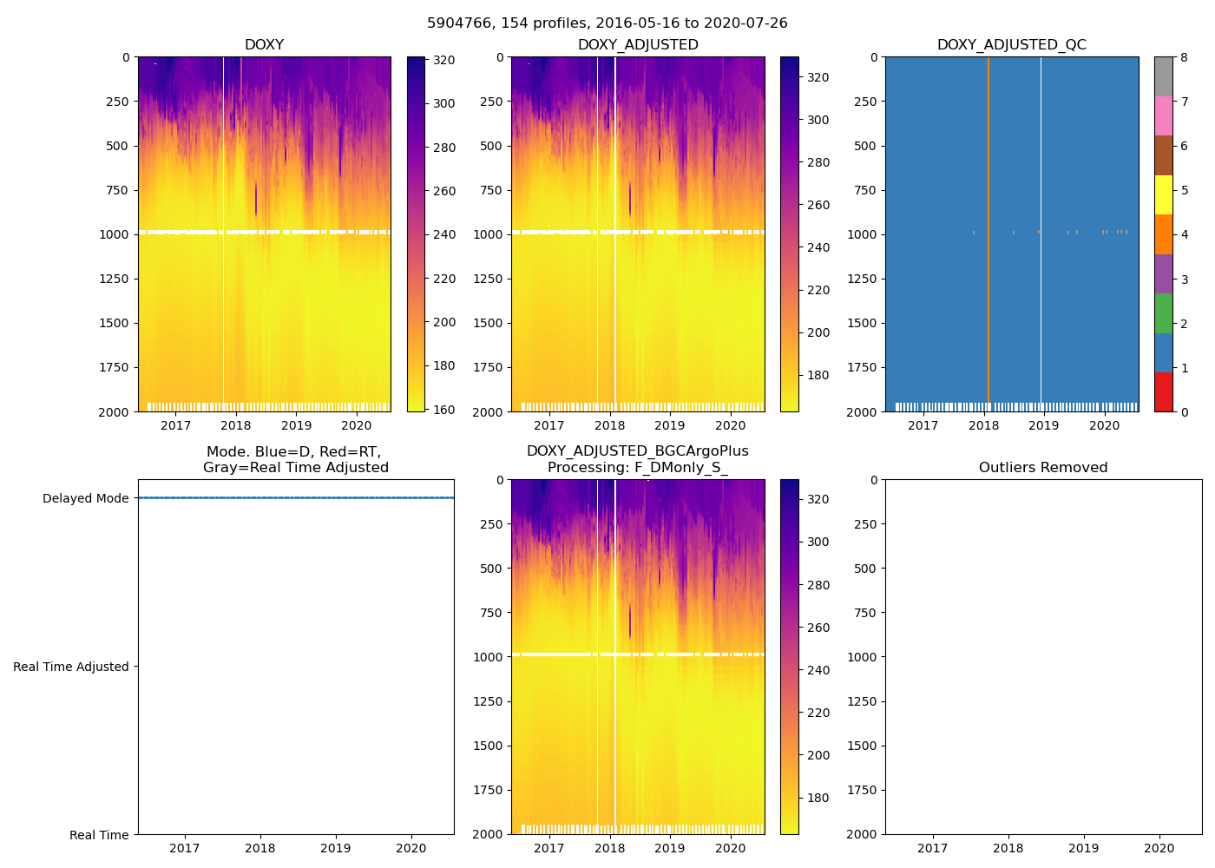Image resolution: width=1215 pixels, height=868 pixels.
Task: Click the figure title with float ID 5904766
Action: [x=607, y=23]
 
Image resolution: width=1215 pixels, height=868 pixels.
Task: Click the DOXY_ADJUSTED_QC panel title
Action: [x=1011, y=45]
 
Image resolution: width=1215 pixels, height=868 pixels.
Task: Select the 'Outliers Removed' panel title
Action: [x=1043, y=468]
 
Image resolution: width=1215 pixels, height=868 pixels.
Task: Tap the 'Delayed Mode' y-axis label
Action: [x=85, y=498]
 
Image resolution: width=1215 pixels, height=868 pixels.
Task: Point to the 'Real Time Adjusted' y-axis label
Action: [x=71, y=667]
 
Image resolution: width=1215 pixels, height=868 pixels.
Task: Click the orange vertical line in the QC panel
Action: [x=988, y=234]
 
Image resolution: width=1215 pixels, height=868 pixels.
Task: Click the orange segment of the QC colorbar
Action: [x=1163, y=234]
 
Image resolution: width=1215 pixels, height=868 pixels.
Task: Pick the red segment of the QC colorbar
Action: [x=1163, y=391]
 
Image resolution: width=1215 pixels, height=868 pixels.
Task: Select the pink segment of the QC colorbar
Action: [x=1163, y=115]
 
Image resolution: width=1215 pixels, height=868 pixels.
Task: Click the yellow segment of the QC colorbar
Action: [x=1163, y=194]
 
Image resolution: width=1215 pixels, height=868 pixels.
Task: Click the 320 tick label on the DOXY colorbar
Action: [x=444, y=60]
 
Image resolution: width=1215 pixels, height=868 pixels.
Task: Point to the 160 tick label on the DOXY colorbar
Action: [x=444, y=410]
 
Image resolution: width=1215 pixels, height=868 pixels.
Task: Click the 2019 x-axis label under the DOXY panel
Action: [x=296, y=425]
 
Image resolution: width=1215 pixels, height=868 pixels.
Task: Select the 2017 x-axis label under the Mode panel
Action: [x=184, y=848]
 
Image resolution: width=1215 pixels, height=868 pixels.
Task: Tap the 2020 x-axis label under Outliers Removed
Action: [x=1159, y=848]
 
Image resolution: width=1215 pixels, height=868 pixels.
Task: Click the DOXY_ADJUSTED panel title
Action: [x=638, y=45]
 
